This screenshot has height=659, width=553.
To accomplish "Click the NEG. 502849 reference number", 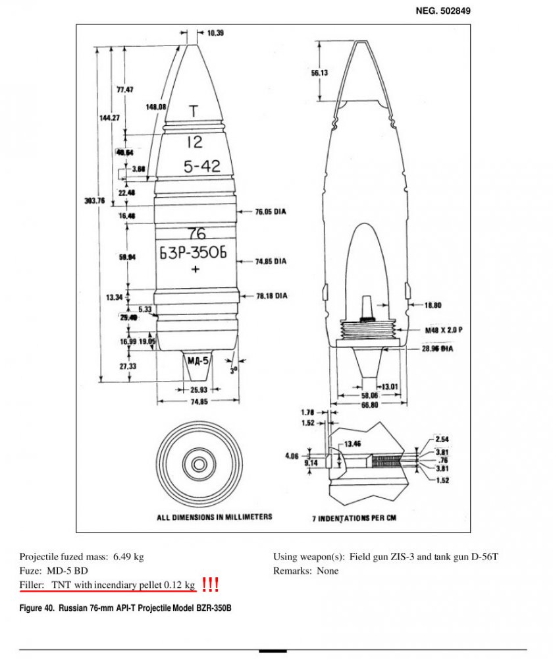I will coord(443,11).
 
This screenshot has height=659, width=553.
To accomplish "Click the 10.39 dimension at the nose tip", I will coord(215,33).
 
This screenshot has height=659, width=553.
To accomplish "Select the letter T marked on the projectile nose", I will coord(194,112).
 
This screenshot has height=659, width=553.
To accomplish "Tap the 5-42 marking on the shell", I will coord(202,167).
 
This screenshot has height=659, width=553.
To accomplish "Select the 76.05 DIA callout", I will coord(271,212).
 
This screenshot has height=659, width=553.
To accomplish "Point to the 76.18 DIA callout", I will coord(271,297).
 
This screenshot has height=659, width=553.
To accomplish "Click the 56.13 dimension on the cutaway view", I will coord(320,72).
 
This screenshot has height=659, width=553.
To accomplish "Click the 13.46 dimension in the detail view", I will coord(354,444).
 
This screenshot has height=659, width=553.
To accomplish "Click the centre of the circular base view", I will coord(198,465).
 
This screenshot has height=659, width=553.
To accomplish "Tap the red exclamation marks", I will coord(210,584).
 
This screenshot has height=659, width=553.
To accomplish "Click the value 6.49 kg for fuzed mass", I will coord(129,557).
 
